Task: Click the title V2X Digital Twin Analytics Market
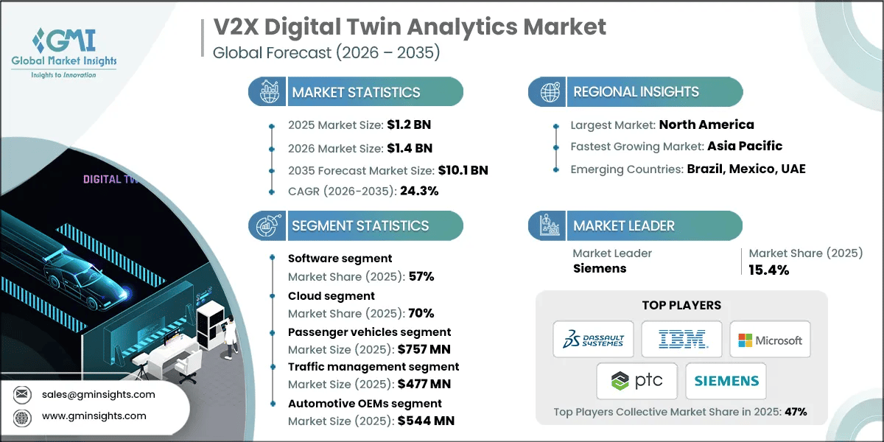coord(410,27)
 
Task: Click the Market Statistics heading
coord(356,92)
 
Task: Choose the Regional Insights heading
coord(636,92)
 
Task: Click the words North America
coord(706,124)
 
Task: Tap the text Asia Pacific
coord(745,146)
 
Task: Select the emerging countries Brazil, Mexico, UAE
coord(746,169)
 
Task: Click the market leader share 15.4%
coord(769,270)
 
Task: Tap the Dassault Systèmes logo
coord(593,340)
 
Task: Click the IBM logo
coord(681,340)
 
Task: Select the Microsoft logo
coord(770,340)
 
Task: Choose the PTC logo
coord(637,381)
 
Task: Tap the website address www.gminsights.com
coord(94,415)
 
